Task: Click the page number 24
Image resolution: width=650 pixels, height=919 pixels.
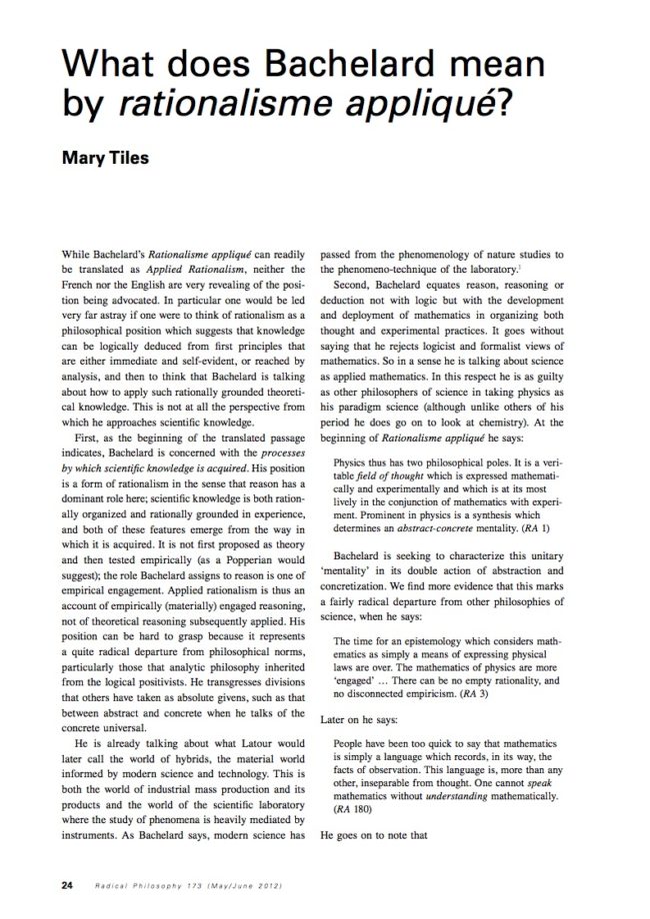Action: tap(38, 885)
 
